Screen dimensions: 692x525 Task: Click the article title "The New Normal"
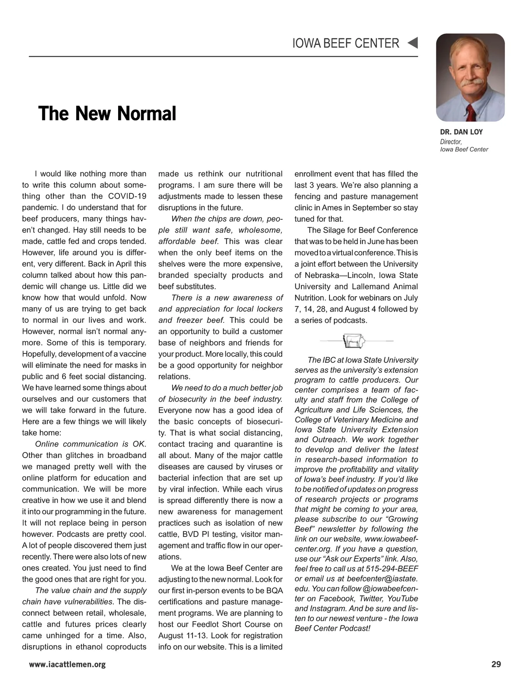[x=107, y=114]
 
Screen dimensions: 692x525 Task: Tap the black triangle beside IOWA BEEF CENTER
[x=413, y=43]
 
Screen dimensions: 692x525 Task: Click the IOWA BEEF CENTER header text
[x=346, y=43]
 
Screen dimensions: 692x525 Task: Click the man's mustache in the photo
[x=471, y=82]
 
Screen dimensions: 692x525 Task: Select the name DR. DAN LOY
[x=461, y=132]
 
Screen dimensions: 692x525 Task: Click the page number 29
[x=496, y=664]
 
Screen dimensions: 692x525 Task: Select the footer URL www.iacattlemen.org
[x=67, y=664]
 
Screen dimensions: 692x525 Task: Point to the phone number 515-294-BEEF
[x=392, y=569]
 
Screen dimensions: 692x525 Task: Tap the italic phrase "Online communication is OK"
[x=90, y=444]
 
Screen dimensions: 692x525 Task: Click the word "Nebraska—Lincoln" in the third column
[x=341, y=276]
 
